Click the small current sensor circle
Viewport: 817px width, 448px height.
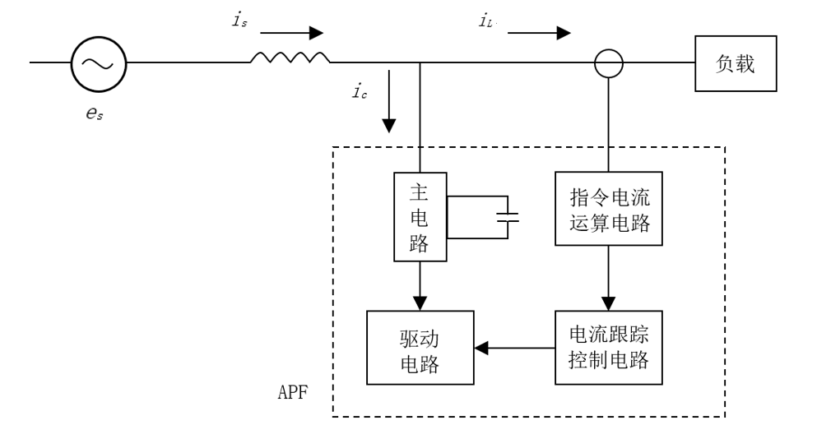pos(610,62)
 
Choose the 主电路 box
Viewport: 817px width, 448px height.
pos(420,216)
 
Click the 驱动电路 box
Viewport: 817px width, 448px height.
pos(420,348)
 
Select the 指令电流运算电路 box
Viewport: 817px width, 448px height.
pos(610,208)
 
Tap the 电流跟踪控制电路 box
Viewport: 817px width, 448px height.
pos(610,348)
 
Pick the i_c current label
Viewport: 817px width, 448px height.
pos(360,92)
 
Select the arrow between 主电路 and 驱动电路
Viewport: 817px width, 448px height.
pos(420,286)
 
